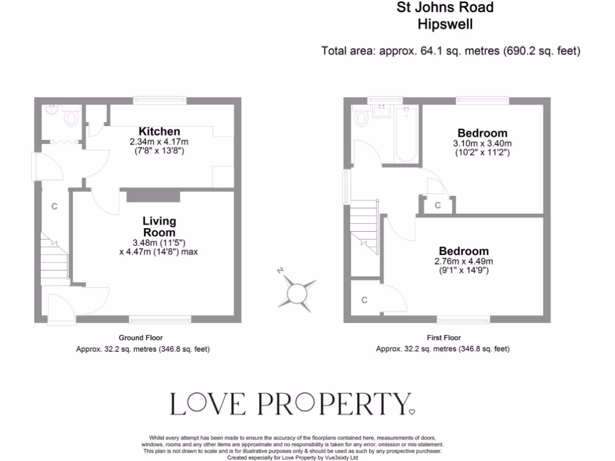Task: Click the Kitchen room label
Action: click(x=159, y=131)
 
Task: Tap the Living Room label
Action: click(x=159, y=226)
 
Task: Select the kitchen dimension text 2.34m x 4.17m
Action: click(x=159, y=142)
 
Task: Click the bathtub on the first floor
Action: click(x=407, y=134)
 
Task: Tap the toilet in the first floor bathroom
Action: click(x=362, y=119)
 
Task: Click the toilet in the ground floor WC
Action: click(x=72, y=117)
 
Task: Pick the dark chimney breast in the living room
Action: click(x=153, y=196)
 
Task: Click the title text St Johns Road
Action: click(x=445, y=8)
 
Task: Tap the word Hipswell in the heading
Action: click(x=445, y=24)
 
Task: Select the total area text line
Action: click(x=451, y=51)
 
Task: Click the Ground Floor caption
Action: click(x=141, y=338)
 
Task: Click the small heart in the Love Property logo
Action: click(x=411, y=411)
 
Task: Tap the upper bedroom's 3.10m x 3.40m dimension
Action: click(x=482, y=143)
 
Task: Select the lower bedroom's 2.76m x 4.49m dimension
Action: click(x=463, y=261)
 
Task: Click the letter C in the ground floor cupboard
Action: click(x=54, y=206)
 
